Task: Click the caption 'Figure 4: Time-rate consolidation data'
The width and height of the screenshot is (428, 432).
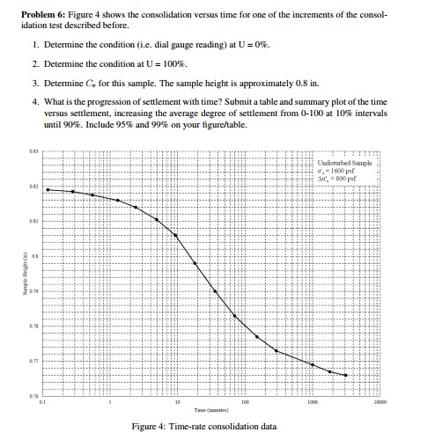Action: pyautogui.click(x=215, y=426)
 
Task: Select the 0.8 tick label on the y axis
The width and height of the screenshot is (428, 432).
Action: pyautogui.click(x=36, y=253)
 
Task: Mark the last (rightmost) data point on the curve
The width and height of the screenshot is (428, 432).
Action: pyautogui.click(x=346, y=376)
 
